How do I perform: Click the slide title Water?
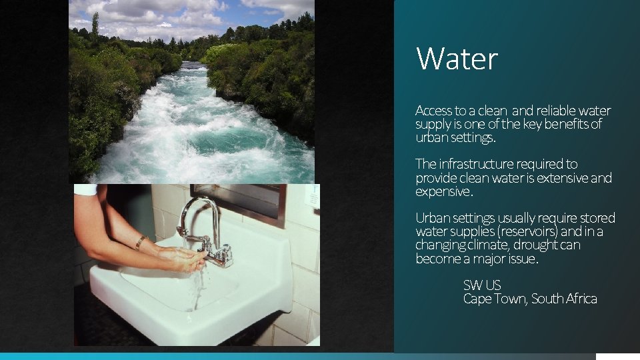[x=457, y=59]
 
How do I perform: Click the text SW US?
[x=481, y=285]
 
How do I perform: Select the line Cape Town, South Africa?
[x=530, y=299]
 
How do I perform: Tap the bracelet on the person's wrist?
[x=141, y=242]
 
